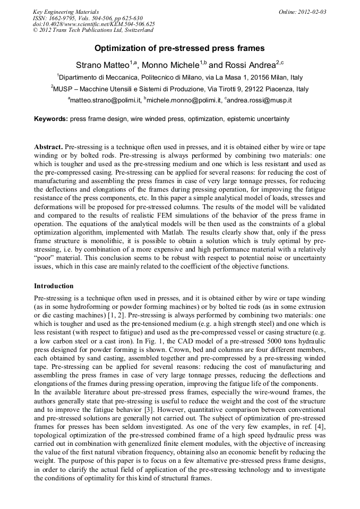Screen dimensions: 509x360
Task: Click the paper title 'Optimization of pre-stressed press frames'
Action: pos(179,48)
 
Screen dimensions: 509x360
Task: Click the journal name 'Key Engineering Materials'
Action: pos(65,11)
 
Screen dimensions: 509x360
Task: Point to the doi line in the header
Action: pos(93,24)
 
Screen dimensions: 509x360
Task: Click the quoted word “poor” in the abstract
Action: pos(45,258)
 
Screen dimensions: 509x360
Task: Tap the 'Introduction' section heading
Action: pos(54,286)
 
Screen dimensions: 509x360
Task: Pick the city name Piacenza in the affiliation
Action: pos(280,89)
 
